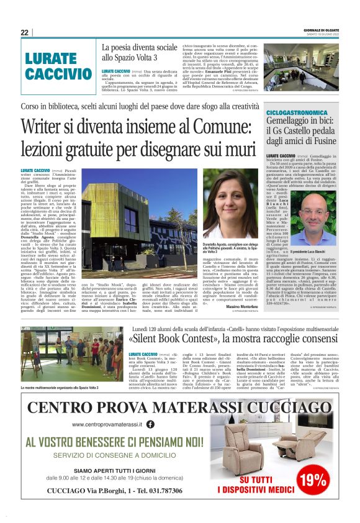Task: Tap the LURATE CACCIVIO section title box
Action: click(x=58, y=67)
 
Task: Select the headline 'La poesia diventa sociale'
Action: click(x=139, y=47)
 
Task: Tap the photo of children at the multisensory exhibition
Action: click(x=71, y=361)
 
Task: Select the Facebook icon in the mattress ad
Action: click(x=150, y=424)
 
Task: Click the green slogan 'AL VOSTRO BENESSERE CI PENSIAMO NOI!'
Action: click(x=114, y=442)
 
